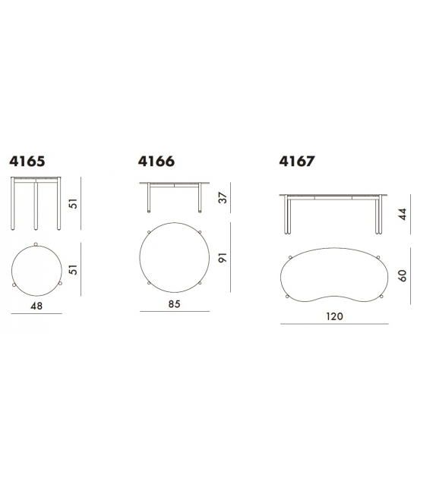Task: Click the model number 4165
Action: click(x=28, y=162)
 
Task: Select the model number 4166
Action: click(x=156, y=162)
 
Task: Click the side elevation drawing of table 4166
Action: click(x=174, y=196)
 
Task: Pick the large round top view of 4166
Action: click(x=174, y=256)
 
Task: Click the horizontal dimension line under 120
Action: click(x=334, y=323)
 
